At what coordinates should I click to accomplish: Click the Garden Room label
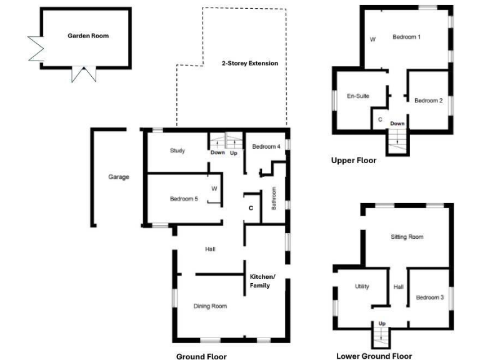point(87,36)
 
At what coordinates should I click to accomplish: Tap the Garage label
point(118,177)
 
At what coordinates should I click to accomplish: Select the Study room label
point(177,151)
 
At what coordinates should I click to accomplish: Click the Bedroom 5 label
point(184,199)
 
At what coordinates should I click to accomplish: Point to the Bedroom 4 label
point(266,147)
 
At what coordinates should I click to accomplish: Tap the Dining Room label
point(209,306)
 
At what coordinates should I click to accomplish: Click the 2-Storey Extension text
point(250,64)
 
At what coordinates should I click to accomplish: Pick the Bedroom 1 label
point(406,37)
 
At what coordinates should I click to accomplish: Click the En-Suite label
point(358,96)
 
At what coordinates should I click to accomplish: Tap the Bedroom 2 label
point(429,101)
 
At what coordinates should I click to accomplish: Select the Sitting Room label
point(407,237)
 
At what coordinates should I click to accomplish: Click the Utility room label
point(362,286)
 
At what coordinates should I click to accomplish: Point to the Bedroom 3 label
point(429,297)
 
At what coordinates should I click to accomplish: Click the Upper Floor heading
point(354,161)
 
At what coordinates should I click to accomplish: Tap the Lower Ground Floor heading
point(374,356)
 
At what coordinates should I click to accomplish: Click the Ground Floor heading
point(201,356)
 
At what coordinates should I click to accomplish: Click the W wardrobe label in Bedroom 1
point(372,39)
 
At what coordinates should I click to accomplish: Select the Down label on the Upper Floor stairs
point(397,124)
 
